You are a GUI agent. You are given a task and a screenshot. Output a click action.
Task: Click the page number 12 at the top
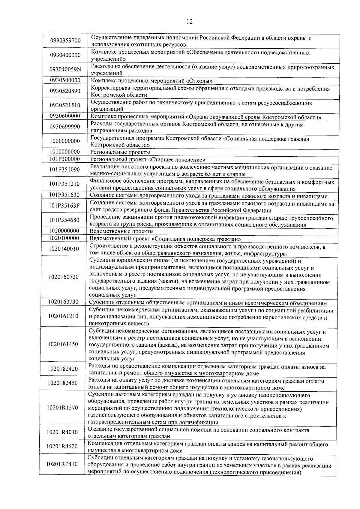tap(189, 21)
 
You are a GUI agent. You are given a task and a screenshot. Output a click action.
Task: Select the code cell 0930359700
tap(65, 41)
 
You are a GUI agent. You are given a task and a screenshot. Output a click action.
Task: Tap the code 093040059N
tap(65, 70)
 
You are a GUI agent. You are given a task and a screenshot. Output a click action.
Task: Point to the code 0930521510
tap(65, 105)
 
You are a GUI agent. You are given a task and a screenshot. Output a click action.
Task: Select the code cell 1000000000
tap(65, 141)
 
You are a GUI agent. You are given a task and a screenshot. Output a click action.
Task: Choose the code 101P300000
tap(65, 159)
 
